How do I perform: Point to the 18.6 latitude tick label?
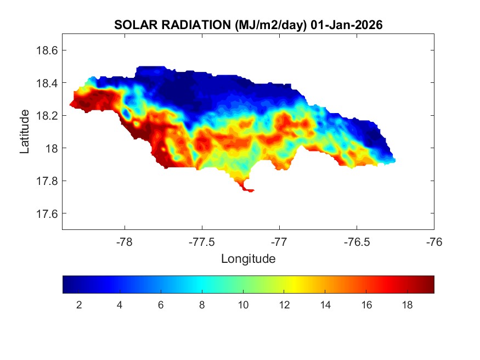pos(46,50)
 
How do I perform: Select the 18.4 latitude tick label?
pos(46,83)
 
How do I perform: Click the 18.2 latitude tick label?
pos(46,116)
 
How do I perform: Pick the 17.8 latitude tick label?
pos(46,181)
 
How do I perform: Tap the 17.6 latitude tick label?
pos(46,213)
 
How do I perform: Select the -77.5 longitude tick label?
pos(202,241)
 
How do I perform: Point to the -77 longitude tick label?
pos(279,241)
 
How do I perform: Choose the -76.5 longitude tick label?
pos(357,241)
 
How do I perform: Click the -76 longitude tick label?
pos(434,241)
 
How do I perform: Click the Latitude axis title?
pos(25,132)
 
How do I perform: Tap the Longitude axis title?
pos(248,258)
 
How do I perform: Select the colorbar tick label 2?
pos(79,305)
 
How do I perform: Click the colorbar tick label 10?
pos(243,305)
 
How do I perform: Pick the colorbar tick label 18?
pos(407,305)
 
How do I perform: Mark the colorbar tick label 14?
pos(325,305)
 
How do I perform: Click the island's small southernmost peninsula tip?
pos(250,190)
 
